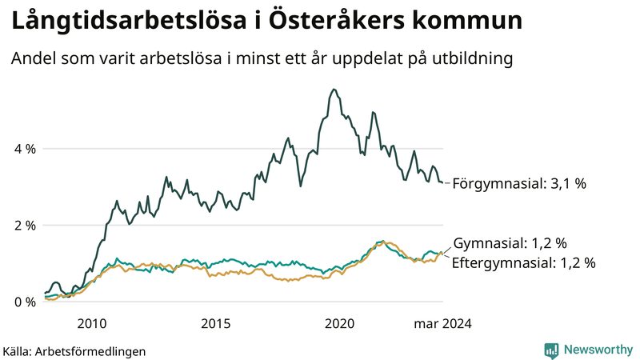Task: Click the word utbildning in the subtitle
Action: (472, 59)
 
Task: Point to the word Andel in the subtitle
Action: (32, 59)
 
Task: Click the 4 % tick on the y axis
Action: (24, 149)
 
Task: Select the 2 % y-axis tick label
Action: (24, 226)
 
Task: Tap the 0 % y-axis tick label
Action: (24, 302)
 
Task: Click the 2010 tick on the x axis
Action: (92, 324)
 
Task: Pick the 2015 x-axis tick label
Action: (216, 324)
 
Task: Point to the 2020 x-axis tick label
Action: (340, 324)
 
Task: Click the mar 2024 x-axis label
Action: (442, 324)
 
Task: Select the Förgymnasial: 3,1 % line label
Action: (519, 183)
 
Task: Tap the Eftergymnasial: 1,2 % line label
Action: (524, 262)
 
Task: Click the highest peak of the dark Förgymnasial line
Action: (333, 90)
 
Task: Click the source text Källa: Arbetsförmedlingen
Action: (74, 350)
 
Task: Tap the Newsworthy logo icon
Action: (551, 350)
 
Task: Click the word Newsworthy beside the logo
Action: (598, 350)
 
